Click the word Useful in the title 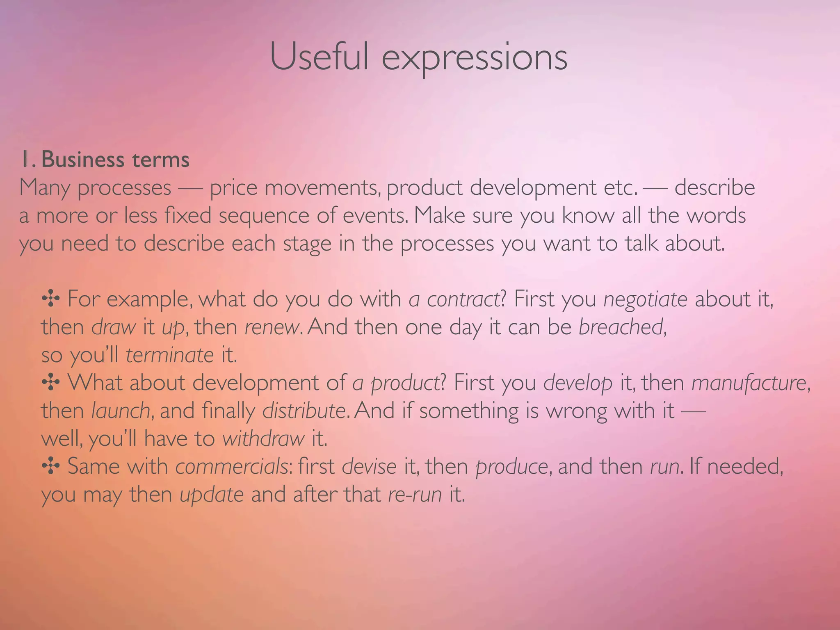coord(319,57)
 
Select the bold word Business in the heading coord(82,159)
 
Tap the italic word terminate coord(169,355)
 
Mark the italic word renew coord(271,327)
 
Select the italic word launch coord(121,411)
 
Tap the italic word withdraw coord(263,438)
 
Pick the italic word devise coord(369,466)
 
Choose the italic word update coord(212,495)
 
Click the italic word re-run coord(415,494)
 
